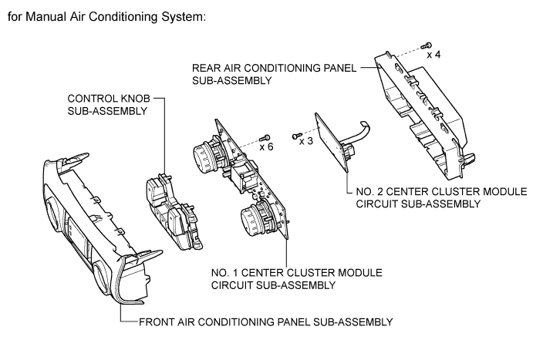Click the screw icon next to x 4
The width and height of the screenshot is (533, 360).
tap(427, 45)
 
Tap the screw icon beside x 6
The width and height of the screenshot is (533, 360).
tap(265, 138)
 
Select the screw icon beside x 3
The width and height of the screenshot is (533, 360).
tap(297, 136)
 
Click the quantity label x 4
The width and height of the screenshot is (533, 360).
tap(433, 55)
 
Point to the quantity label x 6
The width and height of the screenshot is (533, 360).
tap(267, 147)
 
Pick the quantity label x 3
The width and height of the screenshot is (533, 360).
tap(306, 141)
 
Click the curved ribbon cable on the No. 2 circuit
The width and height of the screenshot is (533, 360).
tap(357, 133)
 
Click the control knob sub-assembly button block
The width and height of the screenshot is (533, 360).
tap(174, 210)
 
